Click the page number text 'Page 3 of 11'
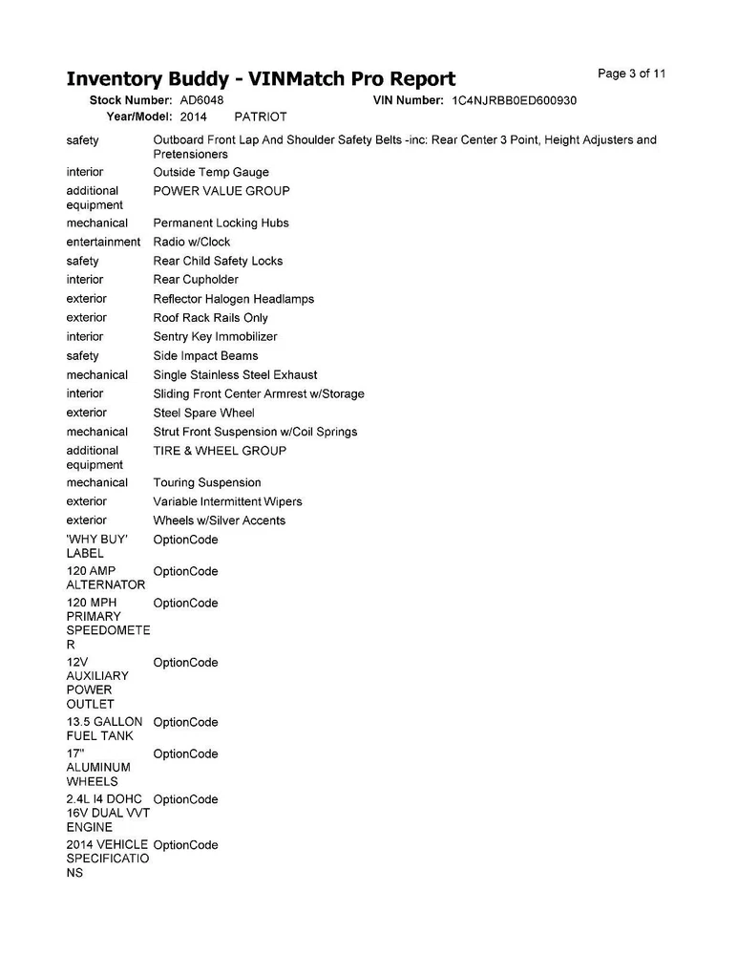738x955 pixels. point(631,74)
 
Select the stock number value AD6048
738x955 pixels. point(201,100)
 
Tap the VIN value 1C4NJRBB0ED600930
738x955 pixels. point(514,100)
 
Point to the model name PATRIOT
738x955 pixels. point(261,117)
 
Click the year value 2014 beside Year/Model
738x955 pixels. point(195,117)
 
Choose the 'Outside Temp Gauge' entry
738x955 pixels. point(211,173)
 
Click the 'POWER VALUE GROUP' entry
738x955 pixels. point(221,191)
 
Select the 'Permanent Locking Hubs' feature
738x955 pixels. point(220,223)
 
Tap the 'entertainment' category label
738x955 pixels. point(103,243)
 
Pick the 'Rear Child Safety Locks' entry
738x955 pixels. point(218,261)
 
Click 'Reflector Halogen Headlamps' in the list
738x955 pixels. point(233,299)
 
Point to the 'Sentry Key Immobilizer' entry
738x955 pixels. point(215,337)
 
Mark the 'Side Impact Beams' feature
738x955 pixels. point(205,356)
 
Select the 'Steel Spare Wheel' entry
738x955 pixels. point(204,414)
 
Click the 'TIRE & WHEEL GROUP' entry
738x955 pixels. point(220,451)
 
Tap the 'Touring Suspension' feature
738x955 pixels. point(207,483)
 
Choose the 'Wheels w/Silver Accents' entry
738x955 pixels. point(220,521)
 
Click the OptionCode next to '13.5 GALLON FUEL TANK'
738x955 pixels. point(185,723)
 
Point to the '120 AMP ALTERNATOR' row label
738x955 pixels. point(105,578)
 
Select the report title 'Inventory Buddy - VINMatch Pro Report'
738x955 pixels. point(261,78)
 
